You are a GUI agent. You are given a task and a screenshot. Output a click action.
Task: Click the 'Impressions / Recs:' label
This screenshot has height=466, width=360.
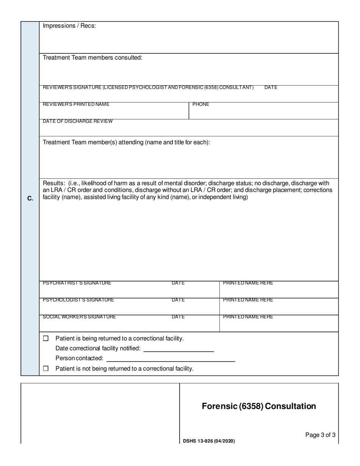pos(69,26)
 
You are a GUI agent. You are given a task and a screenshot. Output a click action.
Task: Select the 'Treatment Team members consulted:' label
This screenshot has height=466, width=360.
pos(92,58)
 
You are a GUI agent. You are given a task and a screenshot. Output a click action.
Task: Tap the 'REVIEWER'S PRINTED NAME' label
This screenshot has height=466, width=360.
pos(76,104)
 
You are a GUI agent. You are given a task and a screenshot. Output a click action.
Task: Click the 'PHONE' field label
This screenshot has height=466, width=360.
pos(201,104)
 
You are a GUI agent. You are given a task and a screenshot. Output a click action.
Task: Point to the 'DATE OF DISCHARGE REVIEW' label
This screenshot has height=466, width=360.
pos(78,121)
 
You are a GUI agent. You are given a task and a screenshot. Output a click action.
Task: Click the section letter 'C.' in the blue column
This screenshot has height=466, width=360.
pos(30,199)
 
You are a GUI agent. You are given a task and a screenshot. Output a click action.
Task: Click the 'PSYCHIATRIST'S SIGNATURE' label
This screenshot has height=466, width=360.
pos(77,283)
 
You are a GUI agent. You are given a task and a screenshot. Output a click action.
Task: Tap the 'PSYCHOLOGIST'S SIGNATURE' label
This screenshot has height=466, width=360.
pos(78,300)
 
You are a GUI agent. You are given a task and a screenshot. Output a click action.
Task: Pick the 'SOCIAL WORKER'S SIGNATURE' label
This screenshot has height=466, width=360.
pos(80,317)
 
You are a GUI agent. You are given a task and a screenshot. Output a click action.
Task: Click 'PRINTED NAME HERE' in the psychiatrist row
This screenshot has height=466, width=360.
pos(248,283)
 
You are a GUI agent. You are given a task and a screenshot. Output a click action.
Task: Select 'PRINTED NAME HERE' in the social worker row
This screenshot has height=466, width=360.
pos(248,317)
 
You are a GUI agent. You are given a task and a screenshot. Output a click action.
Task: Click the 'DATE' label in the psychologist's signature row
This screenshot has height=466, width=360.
pos(178,300)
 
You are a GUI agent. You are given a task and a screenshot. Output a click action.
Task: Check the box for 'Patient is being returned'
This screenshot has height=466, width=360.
pos(46,338)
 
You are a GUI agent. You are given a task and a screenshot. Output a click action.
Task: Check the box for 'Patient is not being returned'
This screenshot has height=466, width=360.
pos(46,368)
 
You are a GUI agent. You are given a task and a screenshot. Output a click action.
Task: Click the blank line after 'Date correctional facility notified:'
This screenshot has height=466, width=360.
pos(178,349)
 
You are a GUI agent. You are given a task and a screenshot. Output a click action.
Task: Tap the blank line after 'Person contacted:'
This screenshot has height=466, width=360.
pos(171,358)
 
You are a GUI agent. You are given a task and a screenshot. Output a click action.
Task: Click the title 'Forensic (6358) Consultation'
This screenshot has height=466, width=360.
pos(259,406)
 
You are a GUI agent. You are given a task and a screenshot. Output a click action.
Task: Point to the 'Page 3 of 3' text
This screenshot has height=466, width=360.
pos(320,435)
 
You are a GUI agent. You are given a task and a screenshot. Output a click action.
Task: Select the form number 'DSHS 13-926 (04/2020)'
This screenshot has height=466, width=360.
pos(209,441)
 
